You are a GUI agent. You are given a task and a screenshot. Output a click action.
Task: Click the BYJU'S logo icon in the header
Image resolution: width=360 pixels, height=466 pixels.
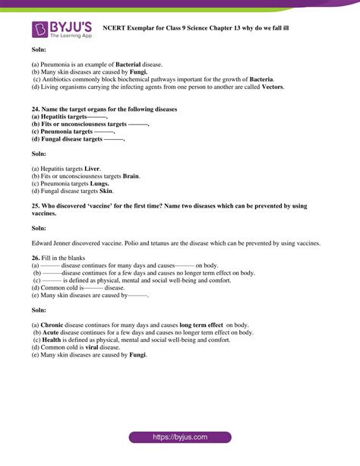click(x=40, y=30)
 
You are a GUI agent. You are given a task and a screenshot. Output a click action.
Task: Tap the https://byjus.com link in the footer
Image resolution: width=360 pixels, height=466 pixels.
click(x=179, y=438)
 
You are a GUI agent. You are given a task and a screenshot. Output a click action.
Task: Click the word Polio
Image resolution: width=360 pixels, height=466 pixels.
click(x=142, y=243)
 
